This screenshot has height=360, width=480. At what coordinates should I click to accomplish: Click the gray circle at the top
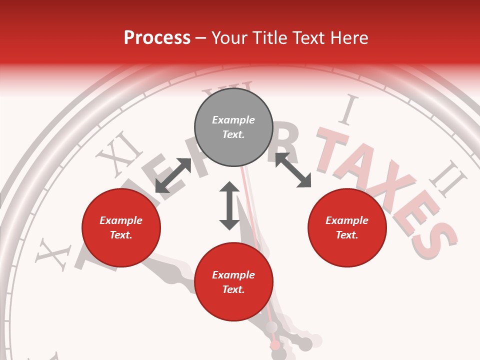pyautogui.click(x=233, y=127)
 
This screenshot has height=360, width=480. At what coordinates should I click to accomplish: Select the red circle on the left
pyautogui.click(x=121, y=227)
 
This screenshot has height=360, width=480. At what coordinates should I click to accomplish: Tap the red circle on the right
pyautogui.click(x=347, y=227)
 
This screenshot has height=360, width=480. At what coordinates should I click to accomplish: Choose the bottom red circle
pyautogui.click(x=233, y=282)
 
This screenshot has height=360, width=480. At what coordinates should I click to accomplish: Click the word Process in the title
pyautogui.click(x=157, y=37)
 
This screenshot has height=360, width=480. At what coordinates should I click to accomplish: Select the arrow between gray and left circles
pyautogui.click(x=173, y=175)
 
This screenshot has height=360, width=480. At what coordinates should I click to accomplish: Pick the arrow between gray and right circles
pyautogui.click(x=293, y=170)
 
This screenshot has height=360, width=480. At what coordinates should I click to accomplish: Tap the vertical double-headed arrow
pyautogui.click(x=229, y=205)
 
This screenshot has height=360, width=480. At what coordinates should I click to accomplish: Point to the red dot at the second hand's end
pyautogui.click(x=275, y=345)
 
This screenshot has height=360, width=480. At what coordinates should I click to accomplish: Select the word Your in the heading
pyautogui.click(x=230, y=37)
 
